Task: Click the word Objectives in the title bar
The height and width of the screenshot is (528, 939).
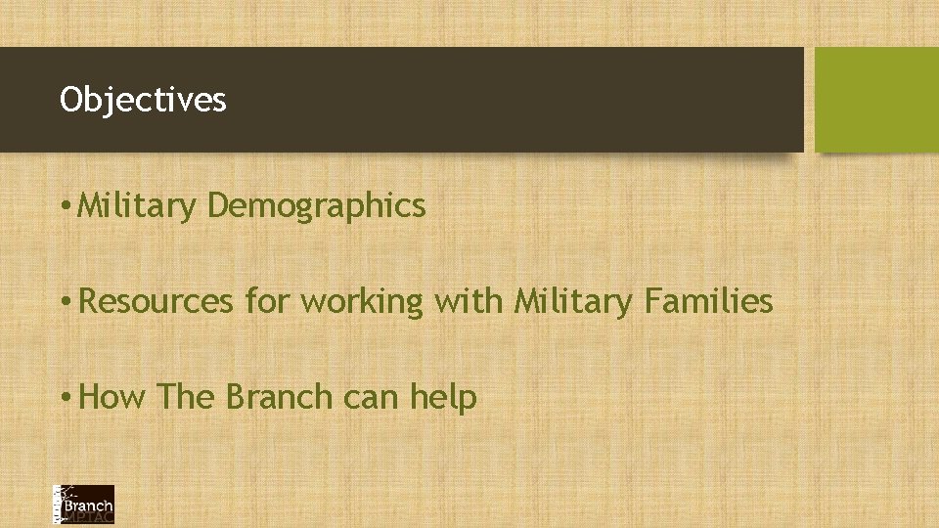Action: tap(143, 100)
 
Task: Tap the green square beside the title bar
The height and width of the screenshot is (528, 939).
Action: tap(875, 100)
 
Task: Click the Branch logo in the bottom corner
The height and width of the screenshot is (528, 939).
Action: tap(83, 505)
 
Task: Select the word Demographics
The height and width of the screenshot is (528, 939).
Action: tap(316, 206)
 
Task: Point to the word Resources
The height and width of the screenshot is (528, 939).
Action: tap(156, 302)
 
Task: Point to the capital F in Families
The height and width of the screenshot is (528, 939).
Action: tap(652, 301)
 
